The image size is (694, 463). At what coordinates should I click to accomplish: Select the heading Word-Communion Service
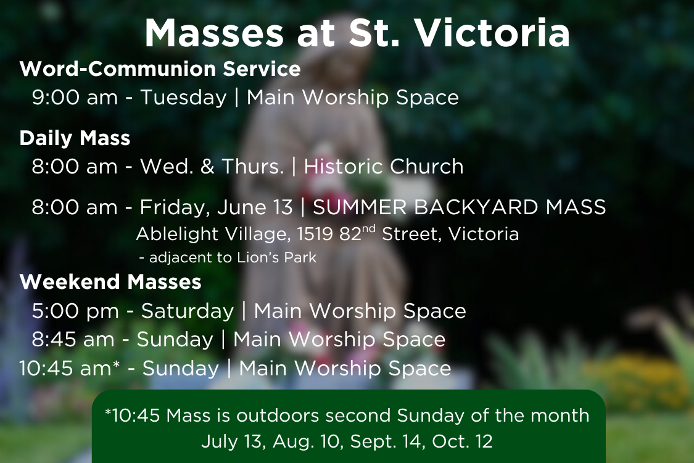click(x=160, y=69)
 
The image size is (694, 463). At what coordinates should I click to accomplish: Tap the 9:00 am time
click(x=75, y=98)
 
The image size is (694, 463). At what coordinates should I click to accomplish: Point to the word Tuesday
click(x=183, y=98)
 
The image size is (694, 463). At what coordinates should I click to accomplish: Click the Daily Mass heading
click(x=75, y=138)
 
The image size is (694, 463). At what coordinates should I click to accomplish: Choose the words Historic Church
click(x=383, y=167)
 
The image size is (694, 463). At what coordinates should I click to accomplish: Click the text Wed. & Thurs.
click(x=212, y=167)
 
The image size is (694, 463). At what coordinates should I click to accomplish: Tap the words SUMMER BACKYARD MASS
click(x=459, y=207)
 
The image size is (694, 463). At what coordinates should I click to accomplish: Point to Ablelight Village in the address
click(x=213, y=235)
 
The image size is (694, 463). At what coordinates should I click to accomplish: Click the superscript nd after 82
click(x=369, y=229)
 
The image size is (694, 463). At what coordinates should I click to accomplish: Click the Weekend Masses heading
click(x=110, y=282)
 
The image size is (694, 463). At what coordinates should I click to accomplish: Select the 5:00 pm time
click(x=75, y=312)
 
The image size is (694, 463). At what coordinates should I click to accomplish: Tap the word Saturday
click(x=187, y=312)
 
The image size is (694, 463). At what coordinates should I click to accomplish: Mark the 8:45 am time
click(x=73, y=340)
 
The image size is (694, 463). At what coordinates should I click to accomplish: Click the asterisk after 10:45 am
click(x=117, y=365)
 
